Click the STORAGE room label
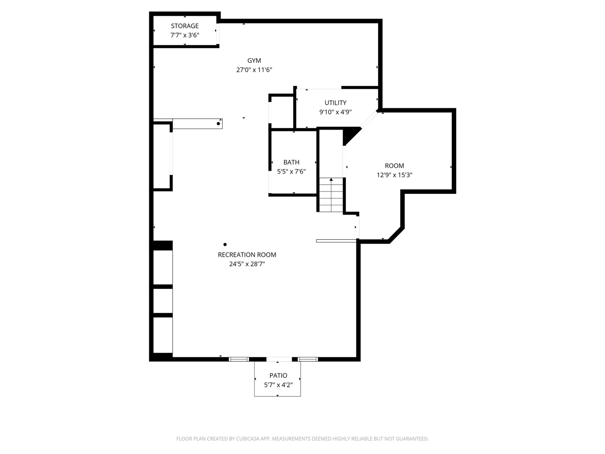(x=184, y=26)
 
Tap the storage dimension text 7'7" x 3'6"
(x=184, y=35)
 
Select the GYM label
(x=254, y=61)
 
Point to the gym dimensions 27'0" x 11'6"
(x=254, y=70)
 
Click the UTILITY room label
(x=335, y=103)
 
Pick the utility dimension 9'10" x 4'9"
(x=335, y=112)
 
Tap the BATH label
(x=291, y=162)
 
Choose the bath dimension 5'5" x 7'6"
(x=291, y=172)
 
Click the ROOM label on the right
(x=394, y=166)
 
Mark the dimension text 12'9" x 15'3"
(x=394, y=175)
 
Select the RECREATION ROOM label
(x=247, y=254)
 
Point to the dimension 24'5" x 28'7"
(x=247, y=264)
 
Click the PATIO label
(x=278, y=375)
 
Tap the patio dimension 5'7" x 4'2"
(x=278, y=385)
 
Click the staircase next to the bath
(x=331, y=195)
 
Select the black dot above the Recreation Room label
(x=225, y=244)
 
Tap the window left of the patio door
(x=239, y=359)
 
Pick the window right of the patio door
(x=308, y=359)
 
